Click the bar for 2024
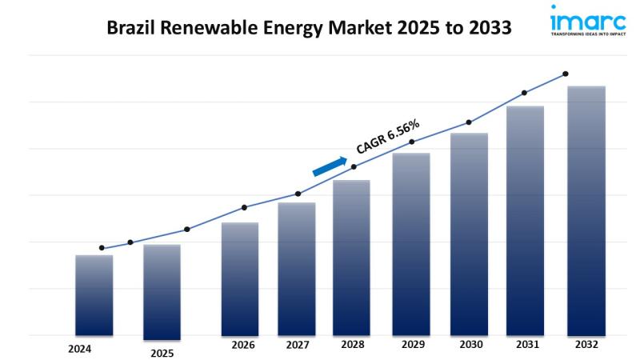(94, 296)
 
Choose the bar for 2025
(162, 291)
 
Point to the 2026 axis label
(243, 345)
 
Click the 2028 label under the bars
(353, 345)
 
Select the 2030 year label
(471, 345)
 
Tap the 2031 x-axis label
(526, 345)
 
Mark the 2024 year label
(79, 349)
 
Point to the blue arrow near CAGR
(329, 166)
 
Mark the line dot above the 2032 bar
(566, 74)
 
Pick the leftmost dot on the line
(102, 248)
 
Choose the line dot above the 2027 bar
(298, 194)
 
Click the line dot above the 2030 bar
(469, 122)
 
